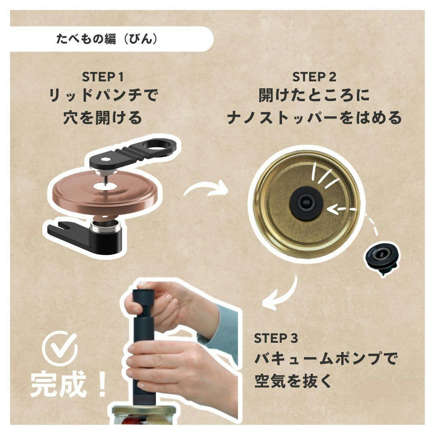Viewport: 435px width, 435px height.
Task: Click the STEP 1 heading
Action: [x=103, y=77]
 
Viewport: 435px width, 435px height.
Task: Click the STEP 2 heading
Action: [x=314, y=77]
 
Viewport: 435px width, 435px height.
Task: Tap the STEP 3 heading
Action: [x=276, y=338]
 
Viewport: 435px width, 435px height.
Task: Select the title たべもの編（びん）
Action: [x=107, y=39]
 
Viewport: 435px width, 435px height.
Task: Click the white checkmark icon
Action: [x=60, y=348]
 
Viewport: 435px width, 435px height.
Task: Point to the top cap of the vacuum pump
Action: [x=143, y=294]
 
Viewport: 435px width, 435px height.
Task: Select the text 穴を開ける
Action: [x=103, y=118]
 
